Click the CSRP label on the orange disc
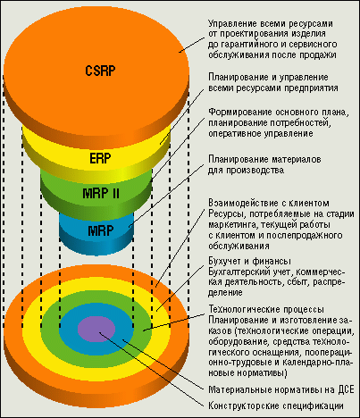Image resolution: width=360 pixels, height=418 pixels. (x=100, y=71)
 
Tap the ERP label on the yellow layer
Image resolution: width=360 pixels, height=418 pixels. (x=100, y=158)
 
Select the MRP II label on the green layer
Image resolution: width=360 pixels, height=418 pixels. (x=101, y=194)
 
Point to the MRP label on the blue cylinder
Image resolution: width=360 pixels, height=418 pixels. (x=101, y=230)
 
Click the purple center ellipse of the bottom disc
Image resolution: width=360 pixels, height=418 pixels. (x=96, y=329)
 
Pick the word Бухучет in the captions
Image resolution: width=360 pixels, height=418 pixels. (x=224, y=262)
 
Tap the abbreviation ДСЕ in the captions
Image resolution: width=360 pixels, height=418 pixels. (x=347, y=389)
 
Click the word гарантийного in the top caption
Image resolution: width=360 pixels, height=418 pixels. (x=248, y=45)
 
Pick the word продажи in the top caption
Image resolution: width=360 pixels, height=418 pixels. (x=318, y=55)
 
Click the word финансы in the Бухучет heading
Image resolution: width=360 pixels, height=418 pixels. (x=272, y=262)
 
